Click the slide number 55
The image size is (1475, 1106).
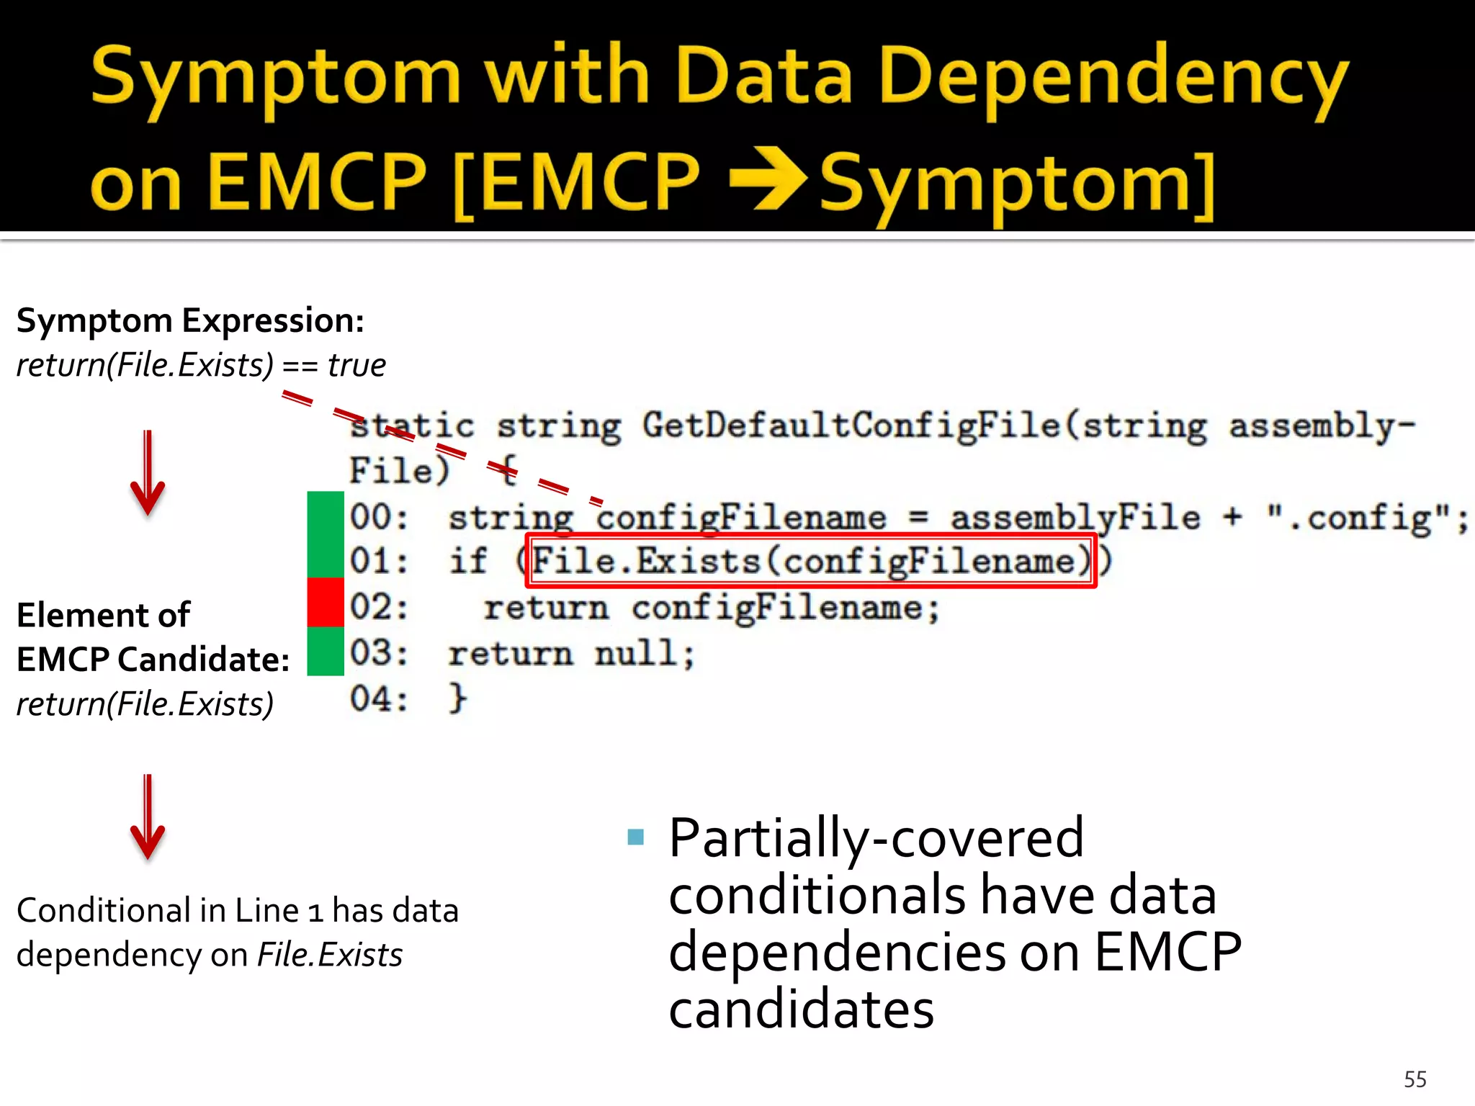(x=1415, y=1079)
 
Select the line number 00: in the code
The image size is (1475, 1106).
(x=379, y=518)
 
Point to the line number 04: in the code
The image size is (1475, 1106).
(x=379, y=699)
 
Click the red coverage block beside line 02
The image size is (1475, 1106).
(x=326, y=602)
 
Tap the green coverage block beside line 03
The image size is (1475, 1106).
(x=326, y=651)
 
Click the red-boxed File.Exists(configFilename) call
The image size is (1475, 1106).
(x=811, y=561)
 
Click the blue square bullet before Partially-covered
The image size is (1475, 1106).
(x=635, y=837)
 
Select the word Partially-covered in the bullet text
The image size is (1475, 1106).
(x=876, y=838)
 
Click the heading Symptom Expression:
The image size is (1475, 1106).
(x=190, y=320)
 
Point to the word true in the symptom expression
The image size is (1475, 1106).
(x=357, y=365)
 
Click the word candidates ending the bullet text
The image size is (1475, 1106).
(x=801, y=1010)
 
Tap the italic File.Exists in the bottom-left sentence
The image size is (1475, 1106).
(x=330, y=955)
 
